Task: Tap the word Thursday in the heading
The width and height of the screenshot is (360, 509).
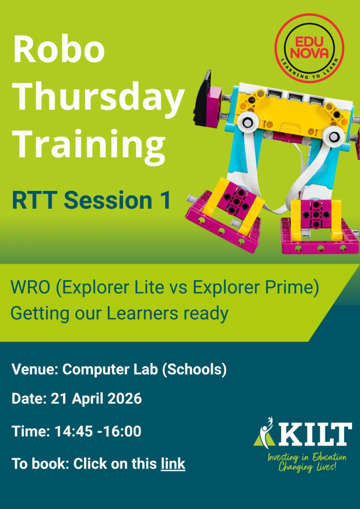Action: click(x=98, y=97)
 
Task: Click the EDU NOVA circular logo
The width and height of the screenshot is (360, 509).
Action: click(x=309, y=48)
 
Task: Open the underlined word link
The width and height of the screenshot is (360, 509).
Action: click(x=173, y=464)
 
